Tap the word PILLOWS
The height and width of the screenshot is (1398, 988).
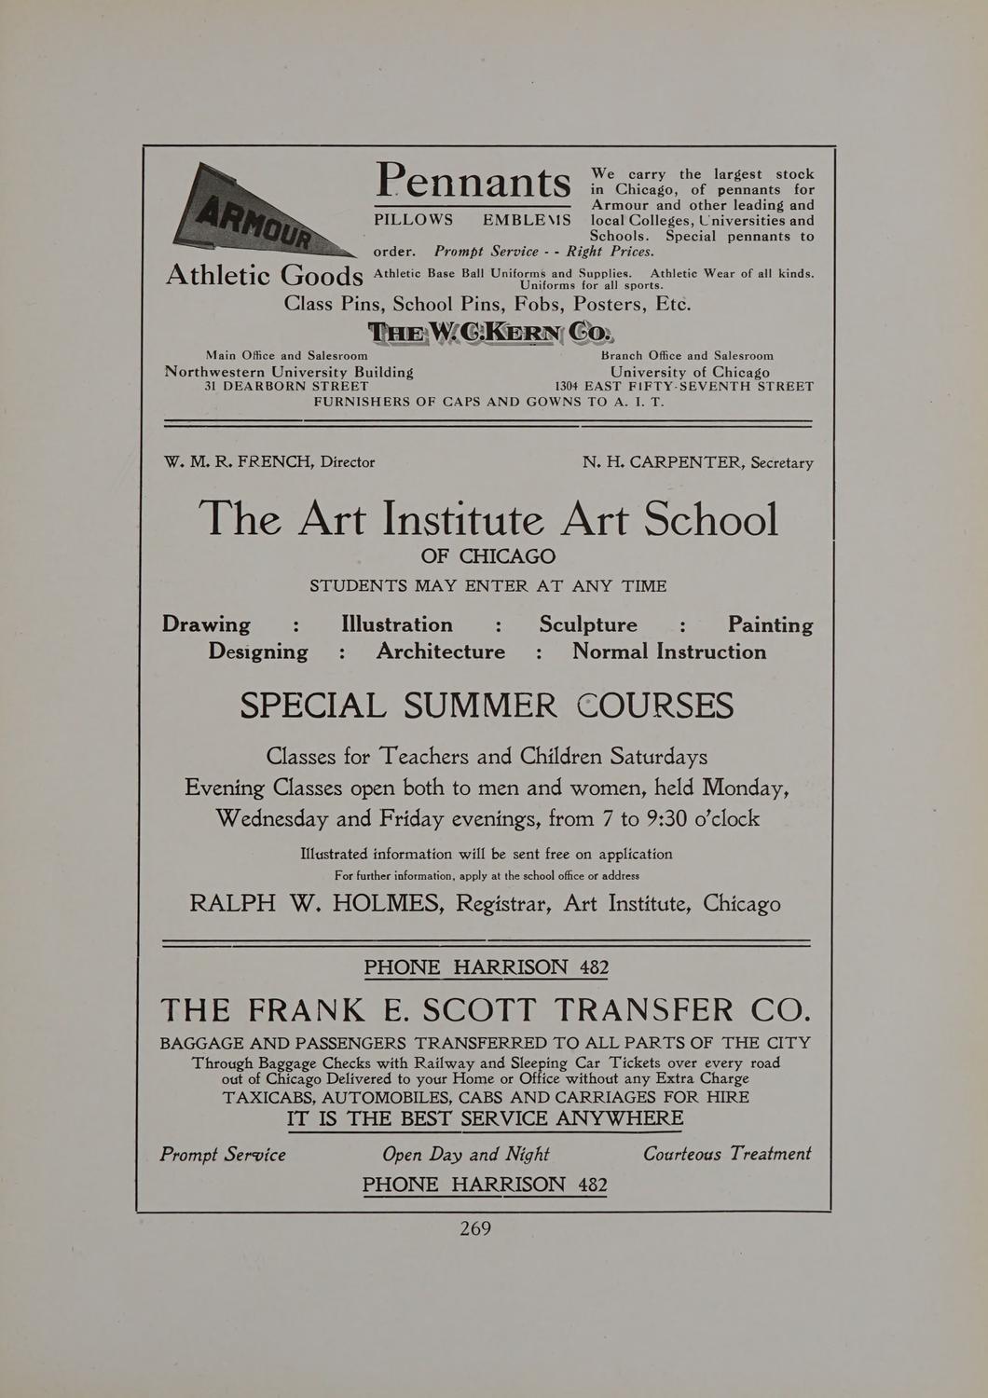(x=414, y=221)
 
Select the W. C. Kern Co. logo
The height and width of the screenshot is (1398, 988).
(x=491, y=332)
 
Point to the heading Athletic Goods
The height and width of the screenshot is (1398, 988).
(x=264, y=275)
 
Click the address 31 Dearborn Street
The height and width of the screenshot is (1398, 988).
(x=286, y=386)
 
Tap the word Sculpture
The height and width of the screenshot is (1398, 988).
(x=588, y=624)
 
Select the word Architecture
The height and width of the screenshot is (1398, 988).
(x=441, y=651)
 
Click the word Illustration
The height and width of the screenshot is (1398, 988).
(x=397, y=624)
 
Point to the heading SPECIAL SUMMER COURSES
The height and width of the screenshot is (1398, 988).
(x=487, y=705)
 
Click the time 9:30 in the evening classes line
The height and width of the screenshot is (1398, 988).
(x=673, y=818)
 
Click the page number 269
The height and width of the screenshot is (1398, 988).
(x=475, y=1228)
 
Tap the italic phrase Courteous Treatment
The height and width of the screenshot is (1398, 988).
(x=727, y=1154)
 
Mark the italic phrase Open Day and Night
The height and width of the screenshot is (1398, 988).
(x=465, y=1155)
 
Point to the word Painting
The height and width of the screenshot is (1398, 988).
(x=770, y=624)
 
